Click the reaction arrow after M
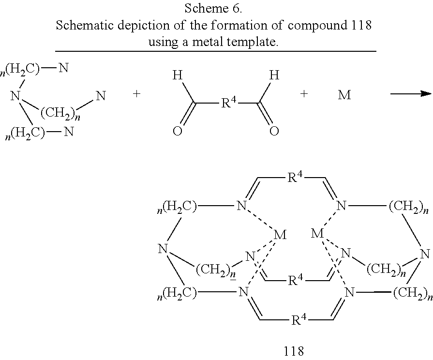coord(411,94)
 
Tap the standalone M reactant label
coord(344,95)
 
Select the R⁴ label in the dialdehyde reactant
coord(229,103)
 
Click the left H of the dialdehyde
coord(177,75)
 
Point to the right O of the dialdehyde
coord(274,131)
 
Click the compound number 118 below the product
coord(294,351)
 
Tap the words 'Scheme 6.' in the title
coord(213,8)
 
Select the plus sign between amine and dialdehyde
coord(136,94)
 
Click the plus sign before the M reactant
coord(304,94)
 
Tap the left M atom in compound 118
coord(280,235)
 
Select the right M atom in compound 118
coord(317,234)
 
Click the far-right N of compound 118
coord(425,254)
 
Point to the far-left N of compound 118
coord(163,249)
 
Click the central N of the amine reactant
coord(15,96)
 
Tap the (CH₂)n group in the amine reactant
coord(60,114)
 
